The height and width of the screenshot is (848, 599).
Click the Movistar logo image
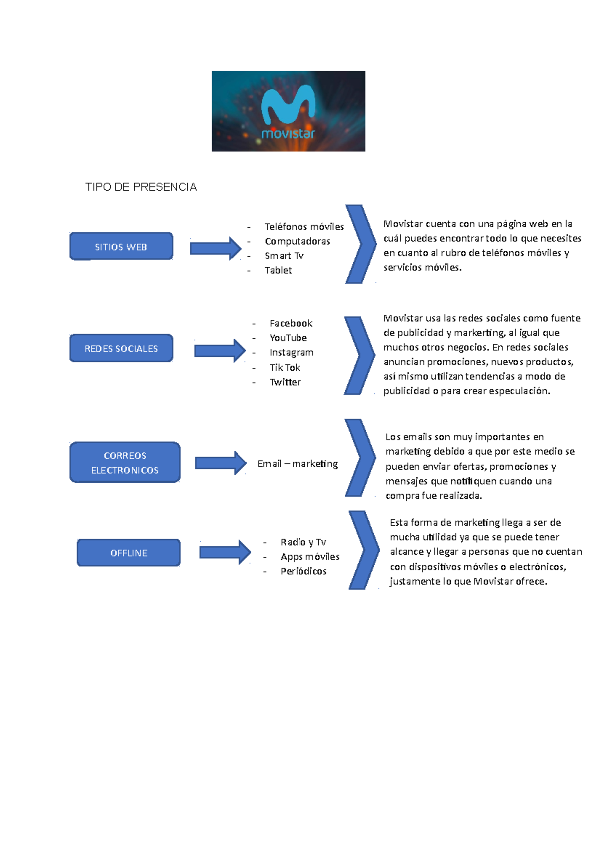click(288, 111)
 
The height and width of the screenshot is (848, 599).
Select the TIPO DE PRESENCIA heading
click(141, 187)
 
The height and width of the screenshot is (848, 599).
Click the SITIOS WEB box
click(121, 247)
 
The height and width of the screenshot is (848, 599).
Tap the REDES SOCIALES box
click(121, 348)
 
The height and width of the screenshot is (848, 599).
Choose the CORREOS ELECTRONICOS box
click(125, 462)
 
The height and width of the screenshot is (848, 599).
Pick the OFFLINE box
click(129, 553)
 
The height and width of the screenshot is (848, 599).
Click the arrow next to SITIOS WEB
click(215, 248)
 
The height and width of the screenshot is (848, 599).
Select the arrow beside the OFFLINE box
click(225, 552)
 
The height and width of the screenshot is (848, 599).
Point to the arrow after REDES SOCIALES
click(220, 351)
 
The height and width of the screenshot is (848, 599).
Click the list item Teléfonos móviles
click(304, 227)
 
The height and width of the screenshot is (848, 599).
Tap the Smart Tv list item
click(284, 256)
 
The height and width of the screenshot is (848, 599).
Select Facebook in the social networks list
click(291, 323)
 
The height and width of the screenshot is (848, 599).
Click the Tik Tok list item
click(285, 368)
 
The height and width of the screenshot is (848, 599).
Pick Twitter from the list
click(285, 382)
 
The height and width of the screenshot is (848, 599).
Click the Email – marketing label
click(298, 464)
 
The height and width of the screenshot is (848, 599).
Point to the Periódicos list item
click(303, 571)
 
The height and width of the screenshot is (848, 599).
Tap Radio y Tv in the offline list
click(303, 542)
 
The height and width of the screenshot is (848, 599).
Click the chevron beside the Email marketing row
click(360, 458)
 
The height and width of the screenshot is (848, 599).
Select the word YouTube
click(288, 338)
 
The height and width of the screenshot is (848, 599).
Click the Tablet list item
click(278, 270)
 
